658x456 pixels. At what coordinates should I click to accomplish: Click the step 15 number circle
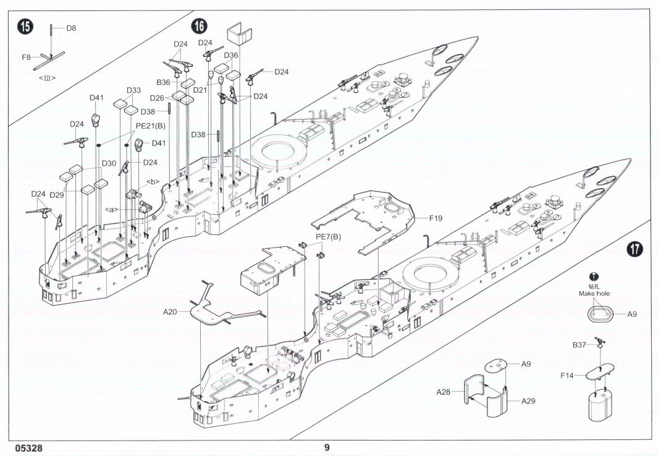[25, 27]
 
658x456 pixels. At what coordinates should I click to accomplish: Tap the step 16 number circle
[200, 26]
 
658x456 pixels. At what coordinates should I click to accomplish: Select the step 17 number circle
[635, 249]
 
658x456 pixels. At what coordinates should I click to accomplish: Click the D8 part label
[71, 28]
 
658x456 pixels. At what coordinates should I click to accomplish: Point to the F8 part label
[27, 57]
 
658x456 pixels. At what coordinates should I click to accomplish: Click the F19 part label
[436, 218]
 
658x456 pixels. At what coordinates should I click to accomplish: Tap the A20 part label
[170, 311]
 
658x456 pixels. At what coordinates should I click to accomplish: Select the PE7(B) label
[328, 236]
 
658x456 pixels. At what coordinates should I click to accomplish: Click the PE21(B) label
[150, 125]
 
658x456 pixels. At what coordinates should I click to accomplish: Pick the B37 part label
[579, 345]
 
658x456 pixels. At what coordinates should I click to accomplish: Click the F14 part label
[567, 376]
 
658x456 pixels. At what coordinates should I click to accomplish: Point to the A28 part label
[443, 392]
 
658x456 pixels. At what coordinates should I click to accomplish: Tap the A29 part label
[528, 401]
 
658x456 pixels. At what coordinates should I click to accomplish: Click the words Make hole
[594, 293]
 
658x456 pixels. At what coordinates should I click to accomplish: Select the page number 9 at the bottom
[327, 447]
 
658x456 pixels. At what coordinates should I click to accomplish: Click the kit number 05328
[29, 448]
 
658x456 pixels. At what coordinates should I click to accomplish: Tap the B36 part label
[163, 82]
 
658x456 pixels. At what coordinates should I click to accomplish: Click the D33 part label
[133, 90]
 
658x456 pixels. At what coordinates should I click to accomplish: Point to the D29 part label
[57, 194]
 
